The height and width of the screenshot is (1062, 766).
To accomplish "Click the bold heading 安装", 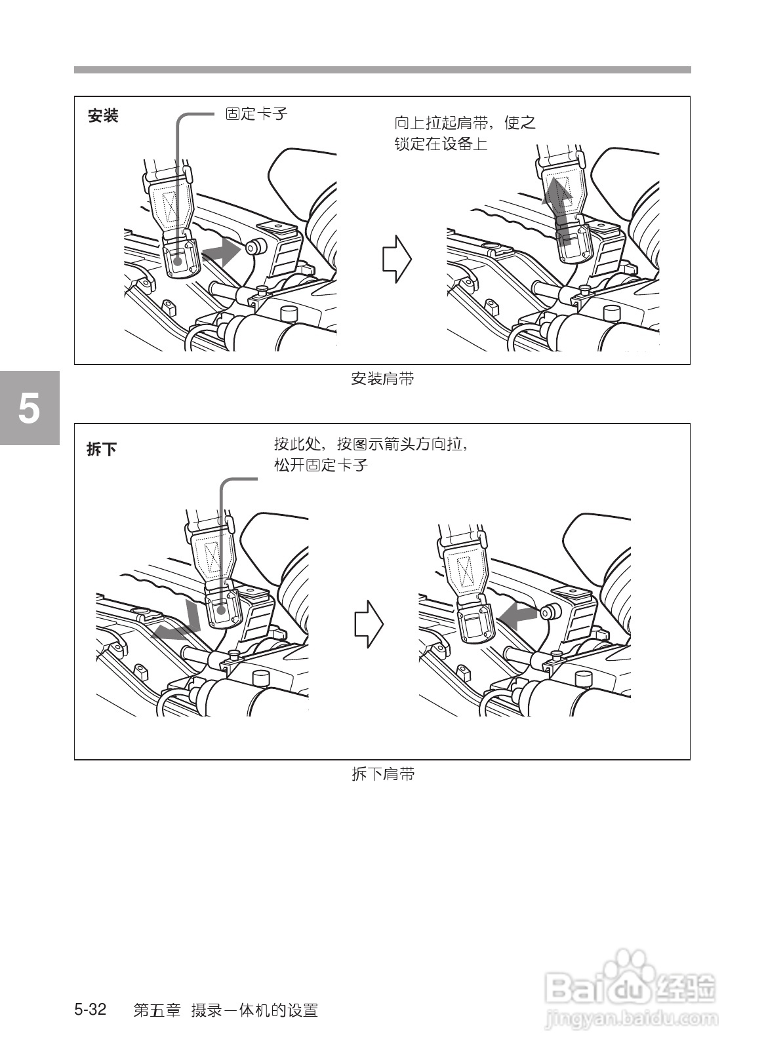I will [103, 117].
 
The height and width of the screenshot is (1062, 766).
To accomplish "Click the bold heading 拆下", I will [102, 450].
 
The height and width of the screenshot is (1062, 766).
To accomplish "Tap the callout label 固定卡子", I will [256, 114].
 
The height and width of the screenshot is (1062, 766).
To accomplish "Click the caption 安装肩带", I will [382, 379].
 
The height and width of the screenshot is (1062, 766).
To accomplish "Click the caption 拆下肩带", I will [382, 774].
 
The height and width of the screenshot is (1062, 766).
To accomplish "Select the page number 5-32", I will [91, 1010].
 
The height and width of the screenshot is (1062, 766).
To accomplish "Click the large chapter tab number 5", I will [28, 408].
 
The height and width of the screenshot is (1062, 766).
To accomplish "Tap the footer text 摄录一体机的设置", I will [254, 1010].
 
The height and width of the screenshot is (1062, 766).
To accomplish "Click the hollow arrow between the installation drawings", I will [397, 260].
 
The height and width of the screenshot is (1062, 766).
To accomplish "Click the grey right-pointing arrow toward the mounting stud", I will [221, 252].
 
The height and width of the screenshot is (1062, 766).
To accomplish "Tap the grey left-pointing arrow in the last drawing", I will [517, 616].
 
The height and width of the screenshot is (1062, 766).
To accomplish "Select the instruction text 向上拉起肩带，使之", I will [465, 123].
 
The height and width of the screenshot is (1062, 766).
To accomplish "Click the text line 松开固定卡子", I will [321, 465].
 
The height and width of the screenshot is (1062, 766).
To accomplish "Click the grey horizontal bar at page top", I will [382, 69].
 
